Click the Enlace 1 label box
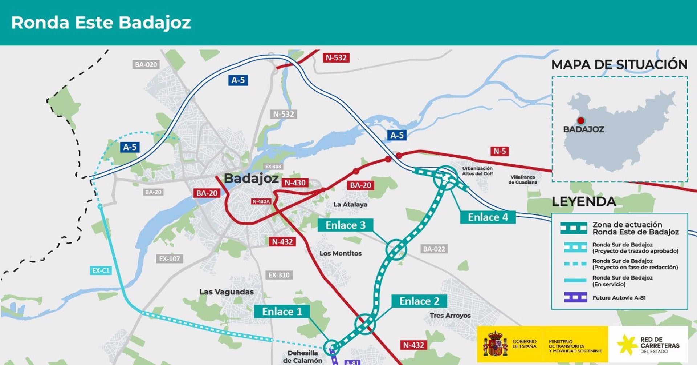pyautogui.click(x=282, y=312)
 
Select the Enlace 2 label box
pyautogui.click(x=419, y=301)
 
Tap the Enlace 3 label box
pyautogui.click(x=345, y=225)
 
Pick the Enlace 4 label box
pyautogui.click(x=488, y=217)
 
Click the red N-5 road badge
pyautogui.click(x=500, y=151)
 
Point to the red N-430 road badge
pyautogui.click(x=295, y=182)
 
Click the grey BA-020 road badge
pyautogui.click(x=146, y=64)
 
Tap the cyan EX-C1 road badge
pyautogui.click(x=101, y=270)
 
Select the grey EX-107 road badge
pyautogui.click(x=169, y=259)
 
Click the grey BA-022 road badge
pyautogui.click(x=434, y=249)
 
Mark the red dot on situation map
pyautogui.click(x=581, y=121)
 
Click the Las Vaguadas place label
pyautogui.click(x=226, y=292)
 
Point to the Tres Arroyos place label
pyautogui.click(x=450, y=316)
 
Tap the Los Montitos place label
pyautogui.click(x=341, y=253)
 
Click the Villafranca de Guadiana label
pyautogui.click(x=522, y=180)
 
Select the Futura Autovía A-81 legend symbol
pyautogui.click(x=575, y=297)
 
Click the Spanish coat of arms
pyautogui.click(x=495, y=344)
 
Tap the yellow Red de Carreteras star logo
pyautogui.click(x=627, y=344)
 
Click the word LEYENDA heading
pyautogui.click(x=583, y=201)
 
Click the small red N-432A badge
pyautogui.click(x=261, y=201)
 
